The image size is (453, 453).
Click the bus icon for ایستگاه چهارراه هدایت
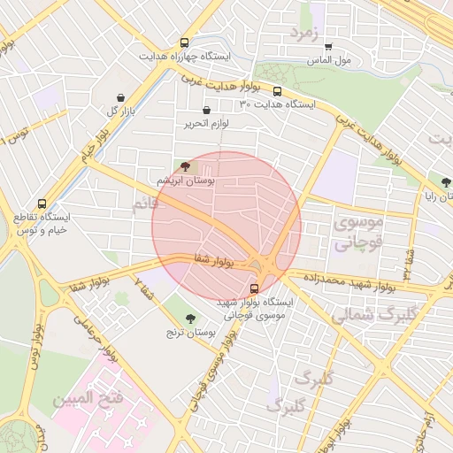pos(184,42)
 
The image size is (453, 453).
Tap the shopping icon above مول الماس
pos(329,47)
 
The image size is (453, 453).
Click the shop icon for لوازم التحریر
pos(206,111)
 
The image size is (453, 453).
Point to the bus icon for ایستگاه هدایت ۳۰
pos(278,91)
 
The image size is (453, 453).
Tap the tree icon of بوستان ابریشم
pos(184,165)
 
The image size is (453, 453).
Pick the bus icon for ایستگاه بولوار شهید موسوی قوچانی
pos(255,288)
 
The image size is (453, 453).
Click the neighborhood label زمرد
pos(301,33)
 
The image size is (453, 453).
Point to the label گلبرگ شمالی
pos(365,314)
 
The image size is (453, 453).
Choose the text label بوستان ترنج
pos(191,333)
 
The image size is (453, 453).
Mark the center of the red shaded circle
pos(226,226)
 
